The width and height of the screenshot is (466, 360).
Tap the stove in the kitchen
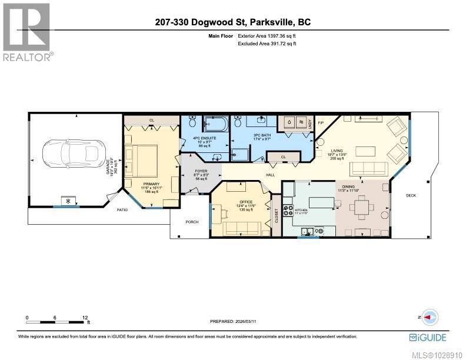pos(289,210)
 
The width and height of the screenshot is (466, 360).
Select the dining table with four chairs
pos(362,208)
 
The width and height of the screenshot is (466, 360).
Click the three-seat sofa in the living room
pos(368,169)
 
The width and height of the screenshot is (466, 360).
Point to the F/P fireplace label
pos(321,123)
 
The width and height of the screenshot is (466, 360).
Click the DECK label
pos(411,195)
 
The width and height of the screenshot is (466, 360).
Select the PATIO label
pos(122,209)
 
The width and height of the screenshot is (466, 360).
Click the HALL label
pos(271,175)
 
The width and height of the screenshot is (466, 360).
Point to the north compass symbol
pos(430,316)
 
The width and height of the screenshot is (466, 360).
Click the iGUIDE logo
pos(427,337)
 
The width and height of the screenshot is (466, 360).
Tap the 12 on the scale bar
pos(85,317)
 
